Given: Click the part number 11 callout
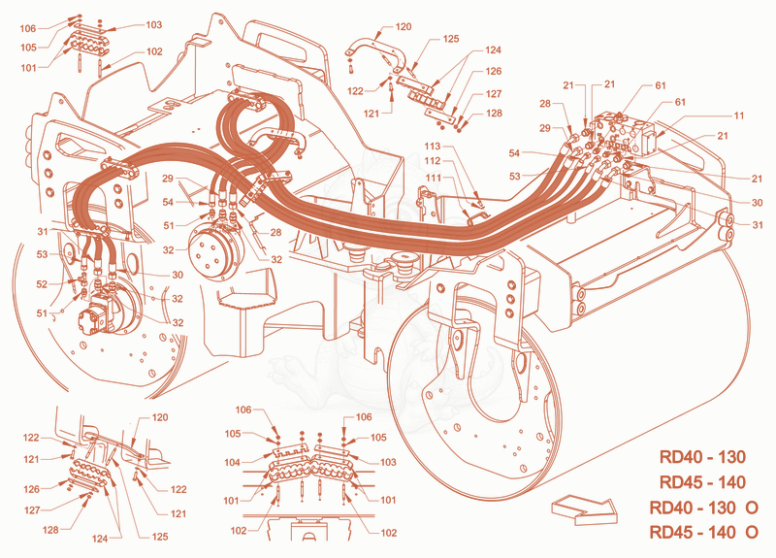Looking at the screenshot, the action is click(x=738, y=115).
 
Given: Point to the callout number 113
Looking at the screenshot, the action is click(x=432, y=147).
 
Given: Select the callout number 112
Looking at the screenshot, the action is click(x=432, y=160).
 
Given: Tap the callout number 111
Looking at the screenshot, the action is click(x=433, y=178).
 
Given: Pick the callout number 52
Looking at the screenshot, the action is click(x=42, y=284).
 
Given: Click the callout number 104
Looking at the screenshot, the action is click(x=232, y=463).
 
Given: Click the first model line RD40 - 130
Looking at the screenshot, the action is click(x=702, y=456).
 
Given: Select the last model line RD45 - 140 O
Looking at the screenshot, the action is click(x=703, y=532).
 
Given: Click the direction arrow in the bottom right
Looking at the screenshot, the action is click(x=585, y=509).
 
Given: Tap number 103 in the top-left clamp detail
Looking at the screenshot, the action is click(x=154, y=25).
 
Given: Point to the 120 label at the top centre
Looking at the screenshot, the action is click(x=404, y=27).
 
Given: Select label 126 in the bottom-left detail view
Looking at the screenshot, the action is click(x=31, y=489).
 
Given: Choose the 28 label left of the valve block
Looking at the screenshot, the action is click(x=545, y=104).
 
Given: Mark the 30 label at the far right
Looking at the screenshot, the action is click(x=757, y=203).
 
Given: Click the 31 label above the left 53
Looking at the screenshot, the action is click(x=43, y=231).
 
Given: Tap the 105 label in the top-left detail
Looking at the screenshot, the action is click(x=28, y=47).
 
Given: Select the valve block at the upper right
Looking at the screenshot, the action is click(x=626, y=131).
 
